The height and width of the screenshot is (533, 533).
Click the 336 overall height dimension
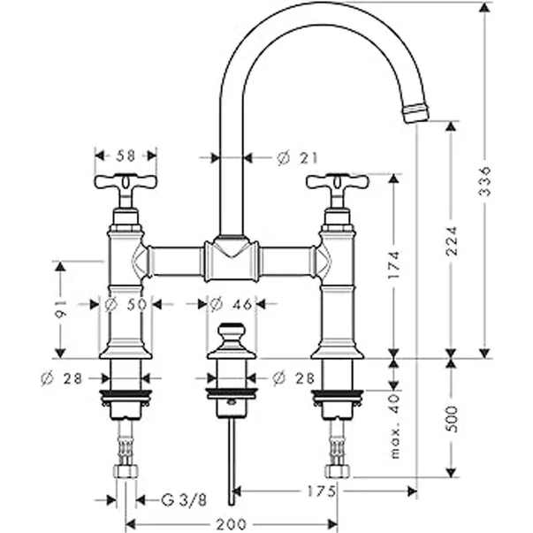[x=484, y=181]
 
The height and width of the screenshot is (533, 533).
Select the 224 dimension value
[x=452, y=240]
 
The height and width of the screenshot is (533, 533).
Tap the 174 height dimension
[x=394, y=265]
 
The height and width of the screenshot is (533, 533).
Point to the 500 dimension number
[x=452, y=419]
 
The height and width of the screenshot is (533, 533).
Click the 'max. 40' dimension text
[x=394, y=427]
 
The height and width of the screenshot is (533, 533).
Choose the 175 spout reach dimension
[x=322, y=491]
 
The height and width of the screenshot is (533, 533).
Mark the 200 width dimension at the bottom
[x=232, y=524]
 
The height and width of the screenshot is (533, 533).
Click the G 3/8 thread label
[x=184, y=500]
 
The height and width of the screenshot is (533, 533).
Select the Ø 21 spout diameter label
[x=297, y=158]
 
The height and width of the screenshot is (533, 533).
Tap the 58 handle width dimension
[x=126, y=156]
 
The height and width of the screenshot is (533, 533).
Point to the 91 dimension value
[x=60, y=309]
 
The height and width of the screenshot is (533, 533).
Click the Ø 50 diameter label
[x=126, y=305]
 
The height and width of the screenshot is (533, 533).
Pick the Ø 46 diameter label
[x=232, y=305]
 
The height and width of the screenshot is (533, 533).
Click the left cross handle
[x=126, y=184]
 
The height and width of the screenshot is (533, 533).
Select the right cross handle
[x=337, y=184]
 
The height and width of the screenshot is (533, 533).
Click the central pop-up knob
[x=232, y=341]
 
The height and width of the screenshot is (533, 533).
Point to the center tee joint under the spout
[x=232, y=261]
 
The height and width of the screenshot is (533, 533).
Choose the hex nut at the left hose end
[x=126, y=472]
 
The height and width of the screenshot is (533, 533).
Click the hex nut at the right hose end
[x=337, y=472]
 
